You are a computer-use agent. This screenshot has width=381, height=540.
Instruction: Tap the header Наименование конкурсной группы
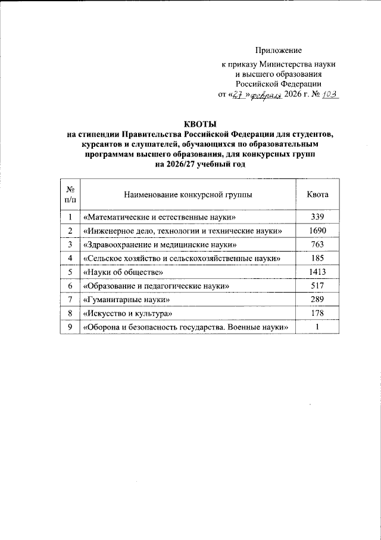click(x=188, y=194)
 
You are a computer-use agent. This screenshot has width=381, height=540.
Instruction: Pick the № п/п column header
click(x=70, y=194)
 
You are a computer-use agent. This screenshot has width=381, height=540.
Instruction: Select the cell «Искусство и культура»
click(x=129, y=313)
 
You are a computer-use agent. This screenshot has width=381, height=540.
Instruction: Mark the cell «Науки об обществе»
click(x=123, y=272)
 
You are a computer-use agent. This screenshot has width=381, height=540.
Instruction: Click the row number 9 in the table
click(x=70, y=326)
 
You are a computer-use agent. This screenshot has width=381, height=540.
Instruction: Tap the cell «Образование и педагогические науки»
click(x=157, y=286)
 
